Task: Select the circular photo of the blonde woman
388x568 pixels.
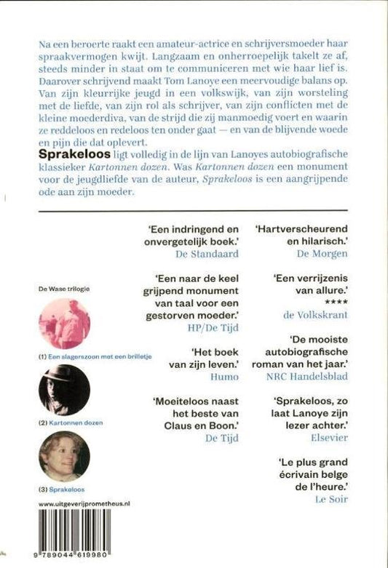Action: coord(63,455)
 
